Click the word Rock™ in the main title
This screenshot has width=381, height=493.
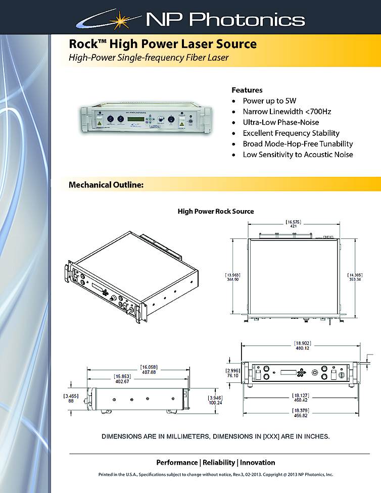point(84,44)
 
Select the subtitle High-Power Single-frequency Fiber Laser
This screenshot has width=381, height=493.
point(149,58)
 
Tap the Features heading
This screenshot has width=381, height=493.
point(247,90)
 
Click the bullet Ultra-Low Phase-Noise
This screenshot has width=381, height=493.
point(280,122)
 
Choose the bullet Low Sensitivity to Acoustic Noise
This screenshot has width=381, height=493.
point(298,155)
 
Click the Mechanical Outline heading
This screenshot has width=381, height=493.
point(107,185)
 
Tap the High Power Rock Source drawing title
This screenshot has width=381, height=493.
point(216,211)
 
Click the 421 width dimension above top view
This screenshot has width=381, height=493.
point(293,227)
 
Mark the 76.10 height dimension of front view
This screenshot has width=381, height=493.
point(232,376)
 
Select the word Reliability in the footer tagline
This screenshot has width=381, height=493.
point(219,462)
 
